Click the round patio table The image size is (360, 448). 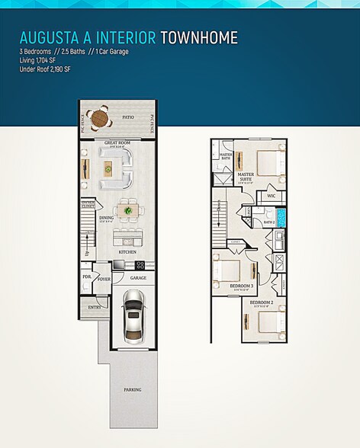[98, 119]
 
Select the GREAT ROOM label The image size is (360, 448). [118, 142]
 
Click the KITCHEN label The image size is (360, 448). [127, 251]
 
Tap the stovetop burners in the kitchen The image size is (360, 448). [140, 264]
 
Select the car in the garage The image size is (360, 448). [132, 318]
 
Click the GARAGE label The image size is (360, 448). [138, 278]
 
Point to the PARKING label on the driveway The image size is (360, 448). [133, 389]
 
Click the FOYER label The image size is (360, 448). [104, 279]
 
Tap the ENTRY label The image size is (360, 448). [95, 307]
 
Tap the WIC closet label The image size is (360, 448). [271, 196]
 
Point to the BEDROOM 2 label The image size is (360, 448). [262, 302]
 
